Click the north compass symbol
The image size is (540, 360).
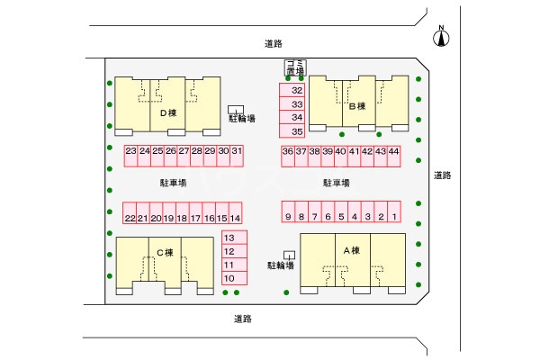pyautogui.click(x=441, y=37)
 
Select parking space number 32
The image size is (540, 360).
pyautogui.click(x=296, y=91)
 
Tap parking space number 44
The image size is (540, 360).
pyautogui.click(x=393, y=151)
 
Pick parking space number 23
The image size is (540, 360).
pyautogui.click(x=131, y=151)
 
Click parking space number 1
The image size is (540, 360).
pyautogui.click(x=394, y=217)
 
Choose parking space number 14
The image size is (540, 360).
pyautogui.click(x=235, y=218)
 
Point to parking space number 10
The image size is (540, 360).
pyautogui.click(x=229, y=278)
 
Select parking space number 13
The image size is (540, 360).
pyautogui.click(x=229, y=238)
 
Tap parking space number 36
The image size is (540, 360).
pyautogui.click(x=288, y=151)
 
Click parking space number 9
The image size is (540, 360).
pyautogui.click(x=288, y=217)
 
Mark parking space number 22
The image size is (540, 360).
pyautogui.click(x=130, y=218)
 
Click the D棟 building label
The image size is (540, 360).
pyautogui.click(x=167, y=113)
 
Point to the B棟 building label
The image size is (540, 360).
pyautogui.click(x=356, y=106)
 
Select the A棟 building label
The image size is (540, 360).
pyautogui.click(x=351, y=250)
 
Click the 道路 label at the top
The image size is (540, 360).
pyautogui.click(x=274, y=43)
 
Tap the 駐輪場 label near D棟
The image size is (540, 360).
pyautogui.click(x=241, y=118)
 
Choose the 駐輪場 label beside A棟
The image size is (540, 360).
pyautogui.click(x=281, y=265)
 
